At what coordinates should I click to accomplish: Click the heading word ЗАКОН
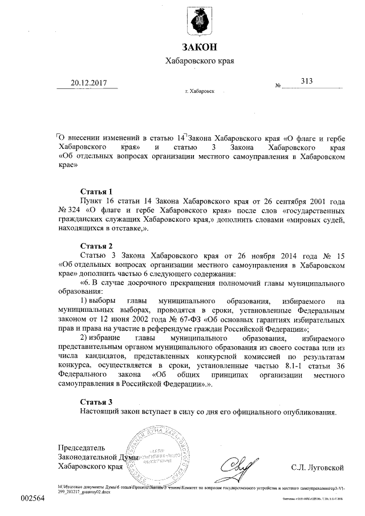199,48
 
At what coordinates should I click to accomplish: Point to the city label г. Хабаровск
200,91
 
